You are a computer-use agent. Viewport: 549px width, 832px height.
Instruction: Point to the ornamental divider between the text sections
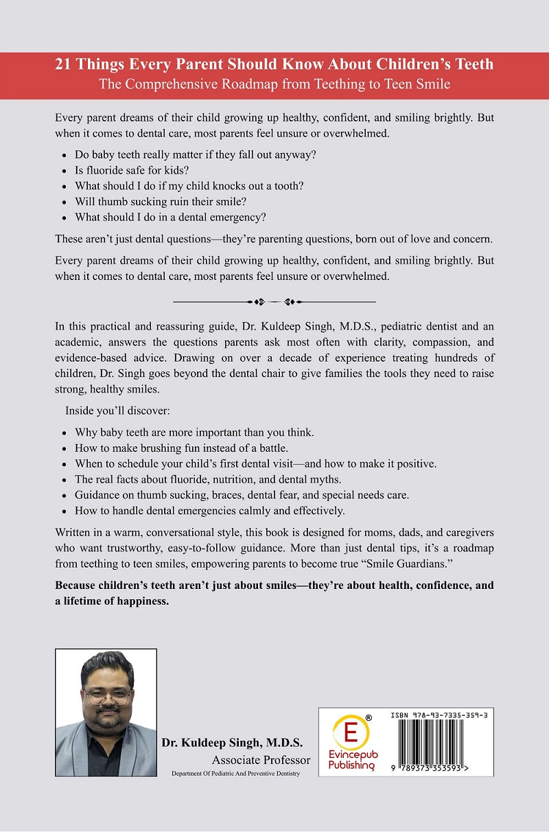[x=274, y=301]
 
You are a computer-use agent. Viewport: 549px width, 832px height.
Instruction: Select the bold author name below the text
[x=232, y=743]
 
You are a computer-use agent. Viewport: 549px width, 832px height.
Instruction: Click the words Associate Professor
[x=261, y=760]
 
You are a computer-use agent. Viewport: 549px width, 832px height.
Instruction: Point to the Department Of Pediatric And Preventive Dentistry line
[x=236, y=774]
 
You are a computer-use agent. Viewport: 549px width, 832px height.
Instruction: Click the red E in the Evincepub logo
[x=351, y=732]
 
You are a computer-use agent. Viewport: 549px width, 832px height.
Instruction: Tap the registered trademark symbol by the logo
[x=369, y=717]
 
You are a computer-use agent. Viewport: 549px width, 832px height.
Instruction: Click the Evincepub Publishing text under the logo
[x=351, y=760]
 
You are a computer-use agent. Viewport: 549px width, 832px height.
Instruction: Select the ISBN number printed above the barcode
[x=437, y=715]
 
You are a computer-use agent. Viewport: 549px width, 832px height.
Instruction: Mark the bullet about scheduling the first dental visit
[x=255, y=463]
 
